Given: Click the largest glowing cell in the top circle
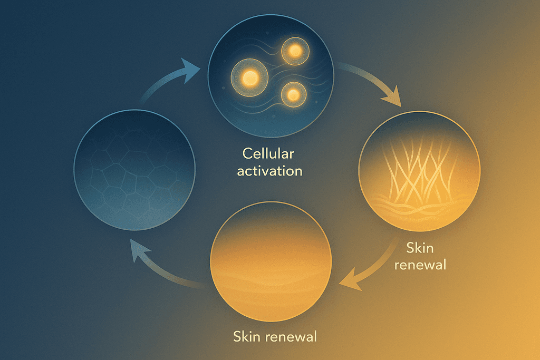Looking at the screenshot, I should [x=250, y=78].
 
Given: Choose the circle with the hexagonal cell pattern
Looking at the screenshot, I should [x=134, y=170].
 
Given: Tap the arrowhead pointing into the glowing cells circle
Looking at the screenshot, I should [x=191, y=68].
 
